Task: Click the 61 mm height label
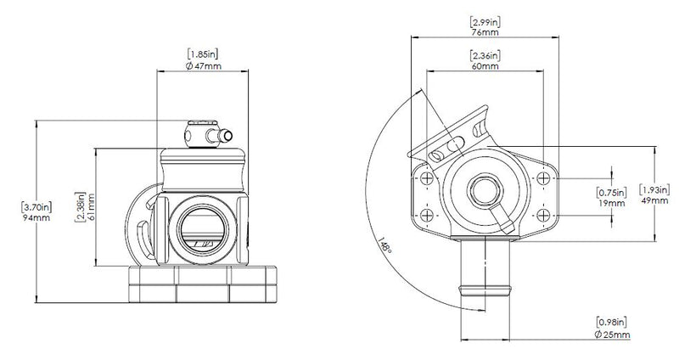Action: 90,207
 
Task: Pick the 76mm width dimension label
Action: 485,31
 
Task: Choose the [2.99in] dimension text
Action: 485,20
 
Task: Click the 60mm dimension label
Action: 485,65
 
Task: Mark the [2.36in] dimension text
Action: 485,54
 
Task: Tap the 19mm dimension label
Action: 612,203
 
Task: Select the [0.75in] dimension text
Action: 612,192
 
